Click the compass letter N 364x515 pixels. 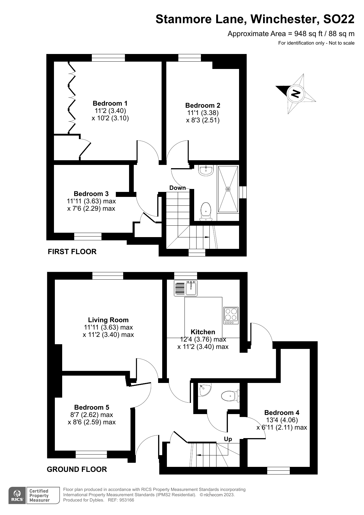point(296,94)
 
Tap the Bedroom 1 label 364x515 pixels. point(110,103)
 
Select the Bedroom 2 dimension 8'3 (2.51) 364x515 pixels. point(203,120)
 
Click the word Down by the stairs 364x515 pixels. point(177,188)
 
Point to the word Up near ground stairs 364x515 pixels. point(228,439)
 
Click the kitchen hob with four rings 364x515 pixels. point(231,315)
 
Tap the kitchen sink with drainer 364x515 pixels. point(186,288)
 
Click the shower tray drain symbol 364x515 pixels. point(228,189)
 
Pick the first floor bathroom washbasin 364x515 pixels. point(206,170)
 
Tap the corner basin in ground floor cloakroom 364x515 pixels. point(204,390)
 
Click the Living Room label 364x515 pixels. point(108,320)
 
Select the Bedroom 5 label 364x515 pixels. point(92,407)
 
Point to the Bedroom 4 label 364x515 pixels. point(282,413)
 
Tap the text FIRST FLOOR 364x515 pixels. point(72,251)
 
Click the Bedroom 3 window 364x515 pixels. point(88,236)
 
